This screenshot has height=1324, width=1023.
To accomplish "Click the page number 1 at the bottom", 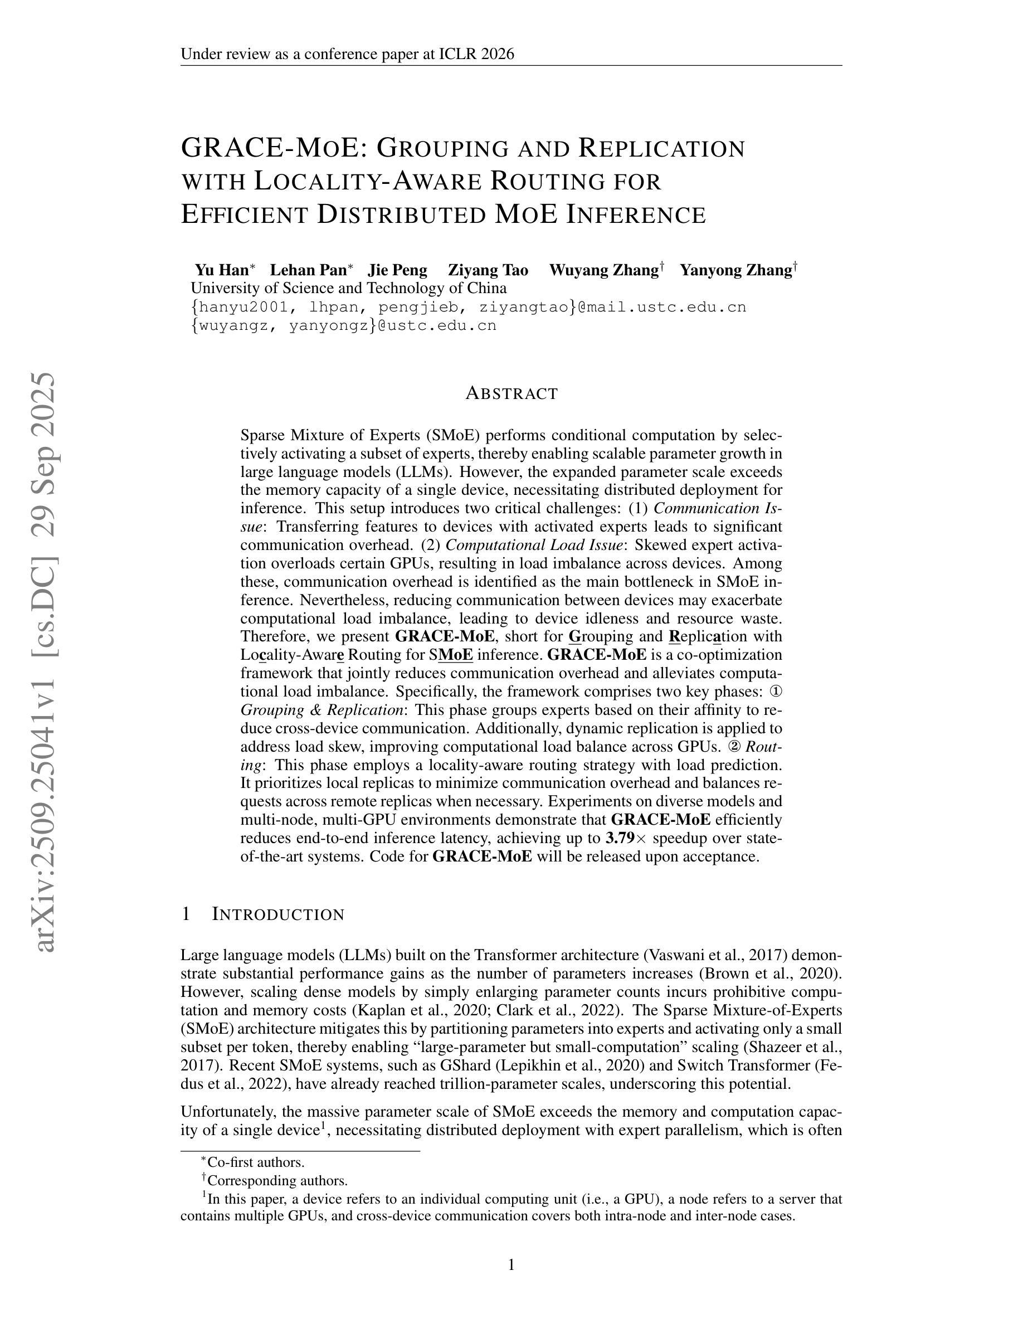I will [511, 1264].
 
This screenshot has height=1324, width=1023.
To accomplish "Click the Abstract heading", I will [511, 393].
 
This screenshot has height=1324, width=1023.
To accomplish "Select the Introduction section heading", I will [277, 914].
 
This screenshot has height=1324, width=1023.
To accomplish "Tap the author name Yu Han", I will [221, 270].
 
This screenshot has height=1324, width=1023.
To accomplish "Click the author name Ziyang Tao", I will [488, 270].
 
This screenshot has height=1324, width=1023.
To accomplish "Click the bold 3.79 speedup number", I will [620, 839].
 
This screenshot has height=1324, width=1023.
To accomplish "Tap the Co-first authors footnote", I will [255, 1162].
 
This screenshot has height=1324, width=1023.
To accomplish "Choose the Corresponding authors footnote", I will [276, 1180].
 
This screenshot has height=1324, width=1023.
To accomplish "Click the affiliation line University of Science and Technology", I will [348, 288].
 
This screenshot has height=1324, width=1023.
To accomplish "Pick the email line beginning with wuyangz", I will [344, 325].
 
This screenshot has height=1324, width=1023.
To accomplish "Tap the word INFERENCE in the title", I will [636, 215].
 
